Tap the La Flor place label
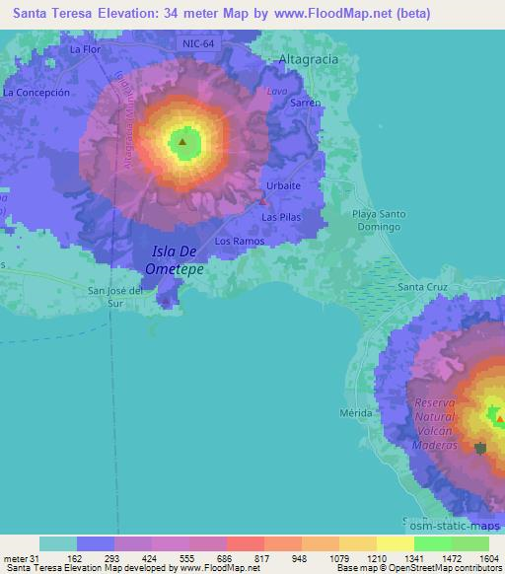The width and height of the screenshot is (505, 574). (x=86, y=48)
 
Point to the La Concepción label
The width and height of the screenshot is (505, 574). (x=37, y=92)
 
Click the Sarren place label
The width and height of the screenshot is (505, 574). (x=305, y=103)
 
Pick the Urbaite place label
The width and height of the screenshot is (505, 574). (x=283, y=185)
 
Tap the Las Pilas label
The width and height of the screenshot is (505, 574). (x=279, y=216)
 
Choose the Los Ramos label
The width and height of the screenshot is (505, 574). (x=235, y=241)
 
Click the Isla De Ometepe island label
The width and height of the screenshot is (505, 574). (x=176, y=259)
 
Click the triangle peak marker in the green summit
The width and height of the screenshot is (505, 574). (x=182, y=142)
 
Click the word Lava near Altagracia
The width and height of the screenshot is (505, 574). (x=275, y=91)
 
